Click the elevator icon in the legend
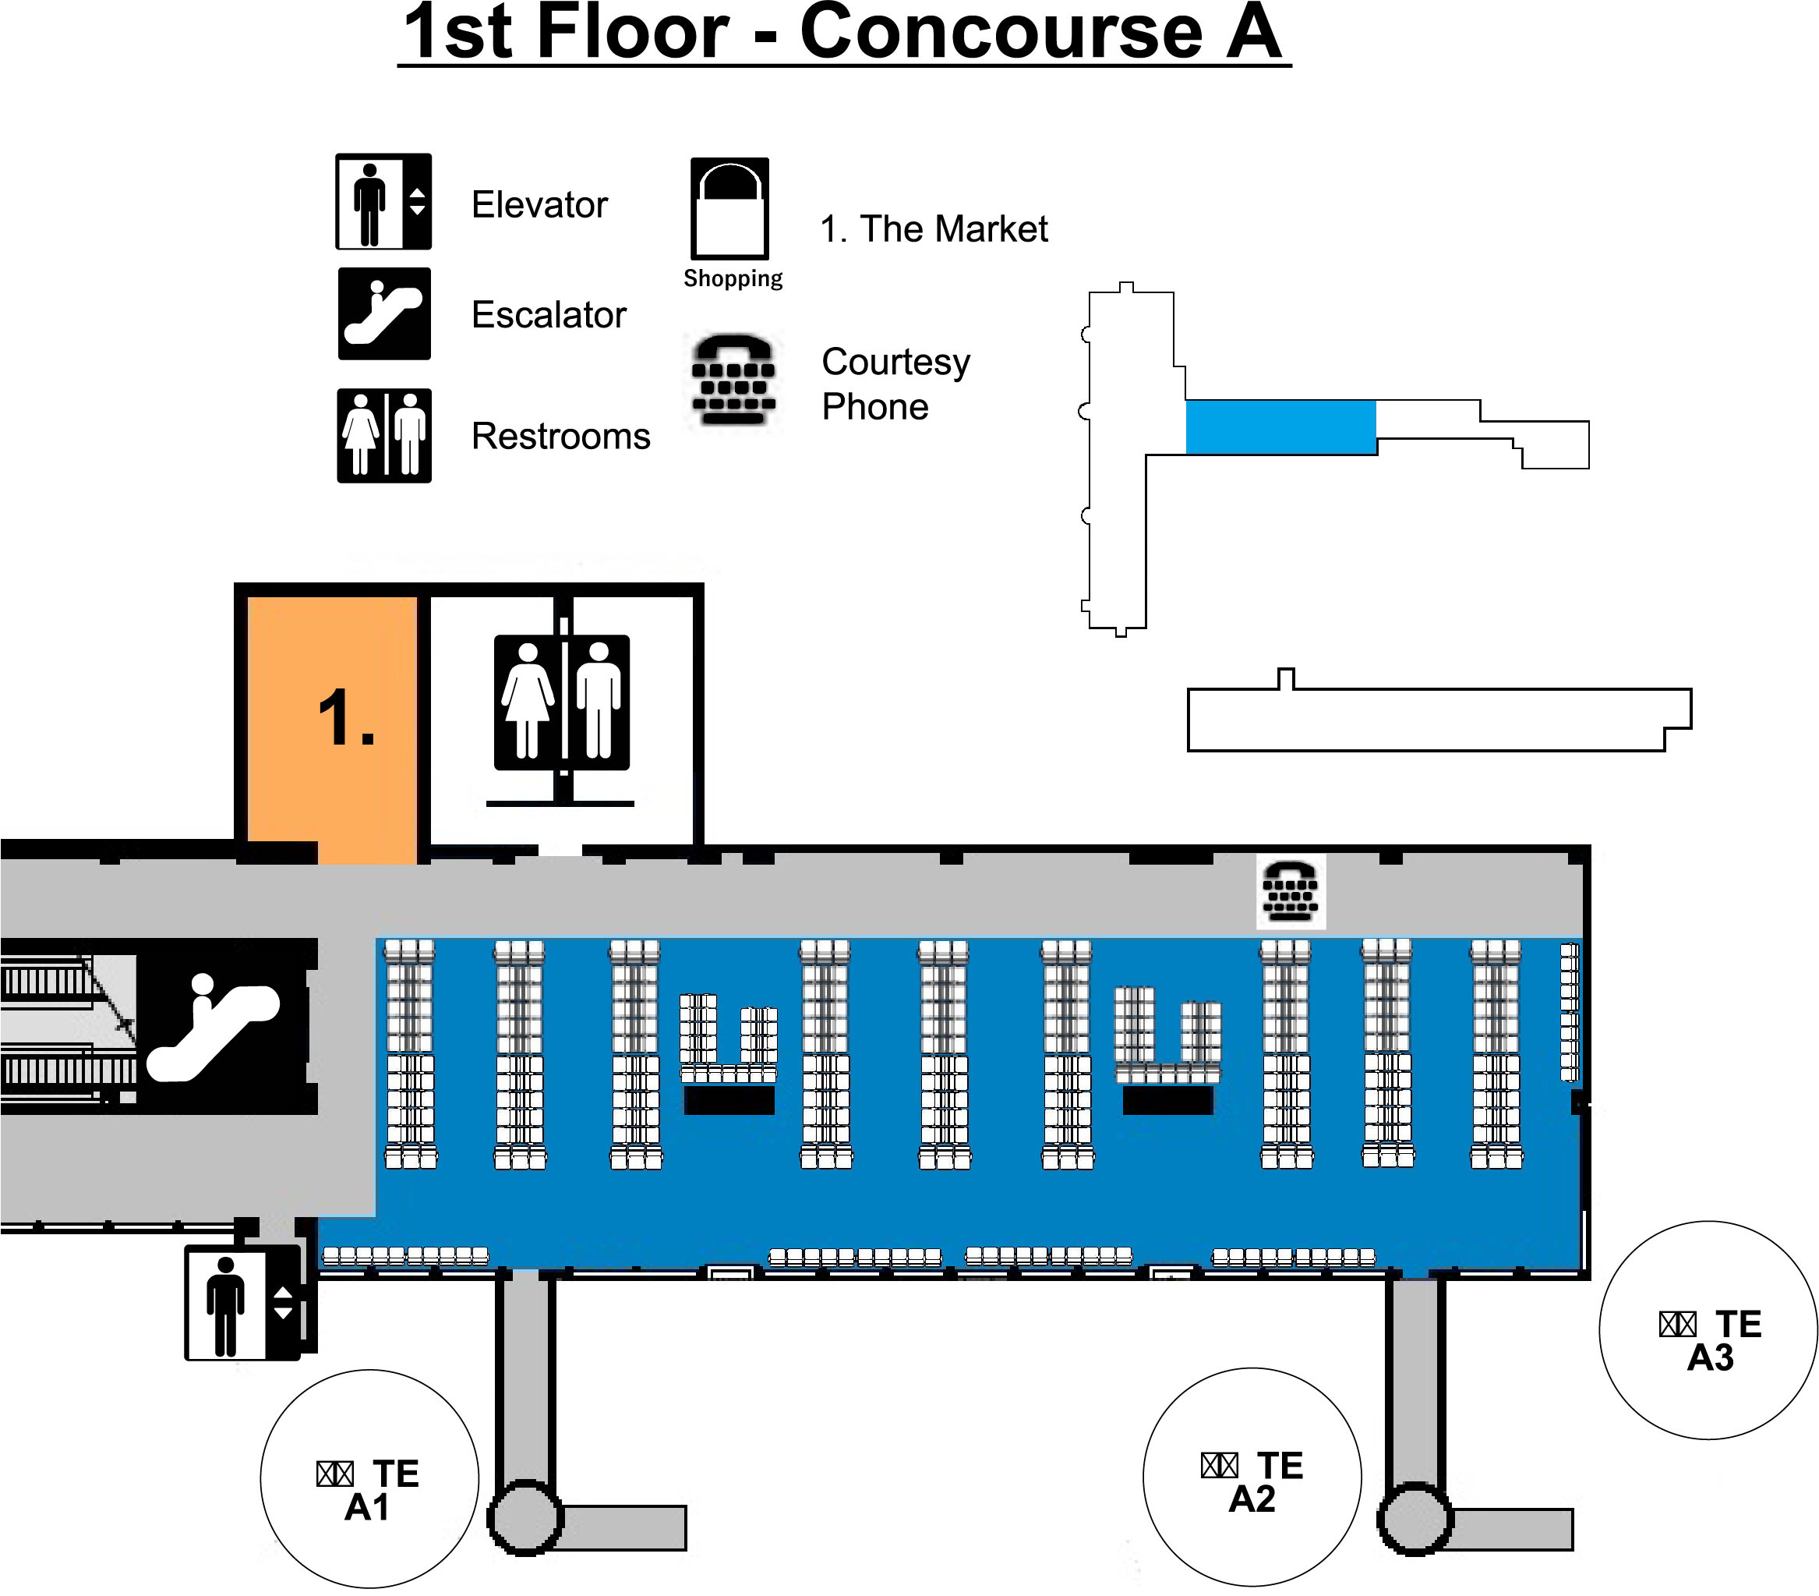[383, 201]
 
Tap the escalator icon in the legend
[383, 313]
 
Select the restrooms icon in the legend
[383, 435]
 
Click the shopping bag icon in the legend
[729, 208]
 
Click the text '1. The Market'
[934, 228]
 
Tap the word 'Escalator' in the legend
[548, 314]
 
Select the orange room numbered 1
[331, 721]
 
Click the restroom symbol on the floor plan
[562, 702]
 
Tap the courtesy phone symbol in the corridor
[1290, 891]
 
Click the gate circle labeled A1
[369, 1478]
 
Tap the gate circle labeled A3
[1708, 1330]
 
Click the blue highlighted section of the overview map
[1280, 427]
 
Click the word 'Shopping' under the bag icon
[733, 278]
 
